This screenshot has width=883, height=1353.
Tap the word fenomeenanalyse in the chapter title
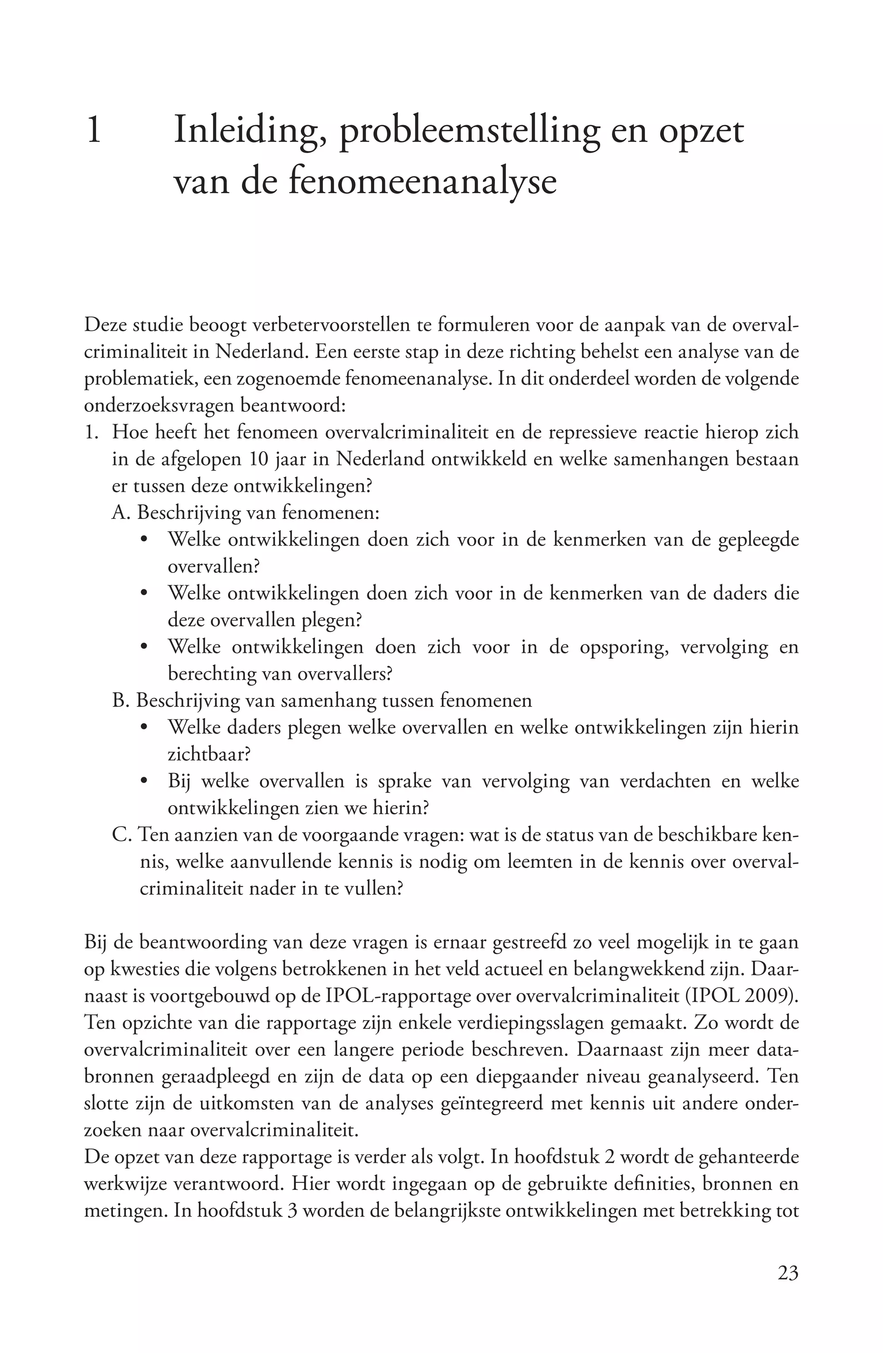pyautogui.click(x=423, y=183)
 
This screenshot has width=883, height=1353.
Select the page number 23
pyautogui.click(x=788, y=1272)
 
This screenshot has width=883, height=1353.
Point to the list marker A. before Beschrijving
pyautogui.click(x=122, y=513)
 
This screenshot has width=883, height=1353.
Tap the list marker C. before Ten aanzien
pyautogui.click(x=122, y=835)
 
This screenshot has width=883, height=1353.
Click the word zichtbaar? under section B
pyautogui.click(x=210, y=754)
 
